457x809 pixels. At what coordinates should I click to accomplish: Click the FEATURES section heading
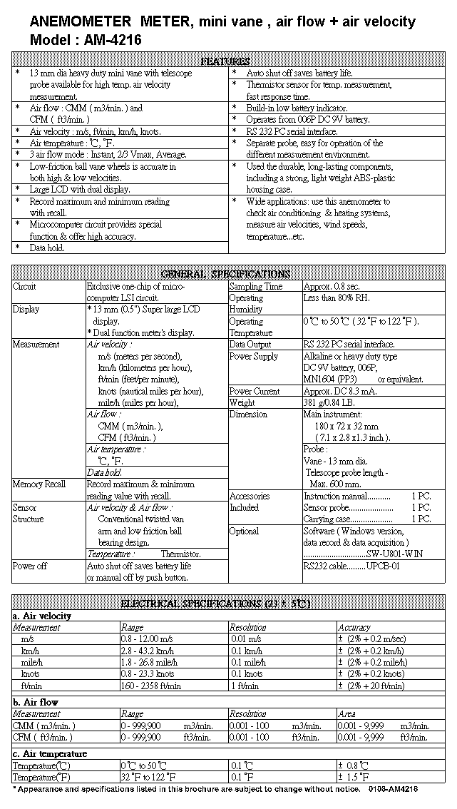click(x=225, y=61)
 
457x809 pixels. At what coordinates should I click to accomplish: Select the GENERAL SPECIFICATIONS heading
click(x=225, y=274)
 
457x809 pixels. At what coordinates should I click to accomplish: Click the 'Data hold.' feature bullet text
click(x=47, y=248)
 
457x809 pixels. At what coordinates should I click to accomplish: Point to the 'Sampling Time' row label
click(x=255, y=286)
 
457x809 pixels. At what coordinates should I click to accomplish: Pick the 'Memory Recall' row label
click(x=38, y=484)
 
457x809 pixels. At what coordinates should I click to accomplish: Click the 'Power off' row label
click(x=29, y=566)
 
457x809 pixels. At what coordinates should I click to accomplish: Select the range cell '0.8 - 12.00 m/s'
click(x=148, y=639)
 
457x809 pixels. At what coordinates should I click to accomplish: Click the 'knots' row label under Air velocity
click(x=31, y=673)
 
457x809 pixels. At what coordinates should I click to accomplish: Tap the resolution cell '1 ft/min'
click(x=244, y=686)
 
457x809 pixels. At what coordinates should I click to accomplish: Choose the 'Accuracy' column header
click(x=354, y=628)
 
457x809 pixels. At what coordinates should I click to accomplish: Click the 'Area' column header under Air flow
click(x=346, y=713)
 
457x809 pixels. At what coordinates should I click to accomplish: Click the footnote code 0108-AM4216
click(x=394, y=789)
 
